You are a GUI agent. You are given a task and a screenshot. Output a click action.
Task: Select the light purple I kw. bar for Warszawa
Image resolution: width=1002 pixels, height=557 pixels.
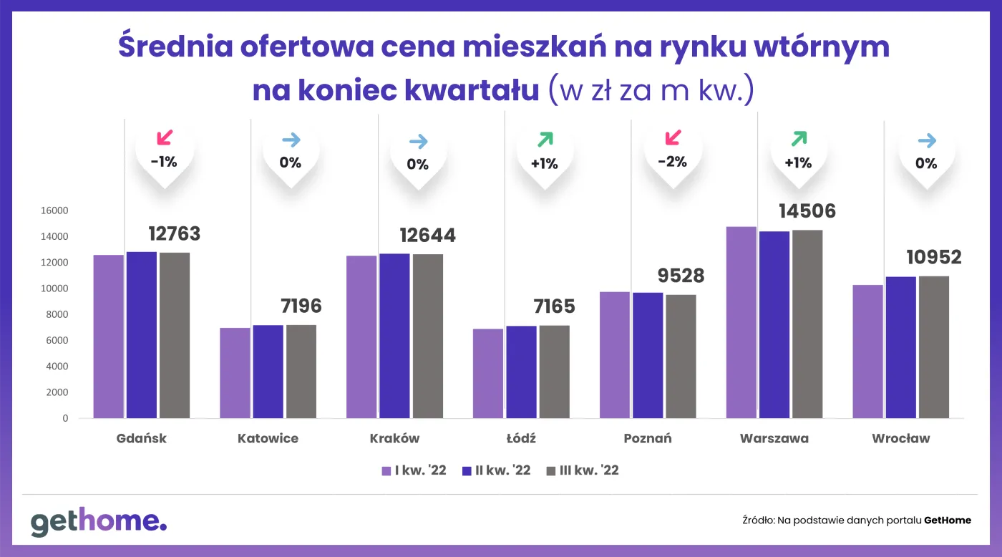[x=741, y=322]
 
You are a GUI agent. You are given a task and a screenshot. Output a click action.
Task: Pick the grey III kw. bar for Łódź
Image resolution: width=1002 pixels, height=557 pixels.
[x=555, y=372]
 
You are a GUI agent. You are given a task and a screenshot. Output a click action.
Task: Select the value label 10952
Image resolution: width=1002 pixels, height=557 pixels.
[x=933, y=258]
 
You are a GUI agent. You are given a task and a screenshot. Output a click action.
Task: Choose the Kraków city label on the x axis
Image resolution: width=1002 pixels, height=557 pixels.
[x=394, y=438]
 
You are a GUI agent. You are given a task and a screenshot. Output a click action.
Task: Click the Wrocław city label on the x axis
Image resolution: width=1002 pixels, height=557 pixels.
[x=900, y=438]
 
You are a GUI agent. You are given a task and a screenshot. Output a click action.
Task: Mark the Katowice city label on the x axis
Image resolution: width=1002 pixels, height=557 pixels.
[x=268, y=438]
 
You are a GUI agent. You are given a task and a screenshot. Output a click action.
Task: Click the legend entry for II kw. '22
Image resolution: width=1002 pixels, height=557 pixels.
[x=497, y=470]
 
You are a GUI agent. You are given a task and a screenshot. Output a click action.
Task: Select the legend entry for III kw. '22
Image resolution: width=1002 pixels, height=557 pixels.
[x=582, y=470]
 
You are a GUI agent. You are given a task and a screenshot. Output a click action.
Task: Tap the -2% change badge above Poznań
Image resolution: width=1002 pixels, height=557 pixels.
[x=672, y=162]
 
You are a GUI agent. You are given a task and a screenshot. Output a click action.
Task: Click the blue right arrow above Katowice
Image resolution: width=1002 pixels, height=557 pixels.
[x=291, y=140]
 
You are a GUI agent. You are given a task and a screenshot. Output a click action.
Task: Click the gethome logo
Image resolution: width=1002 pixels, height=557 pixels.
[x=98, y=522]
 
